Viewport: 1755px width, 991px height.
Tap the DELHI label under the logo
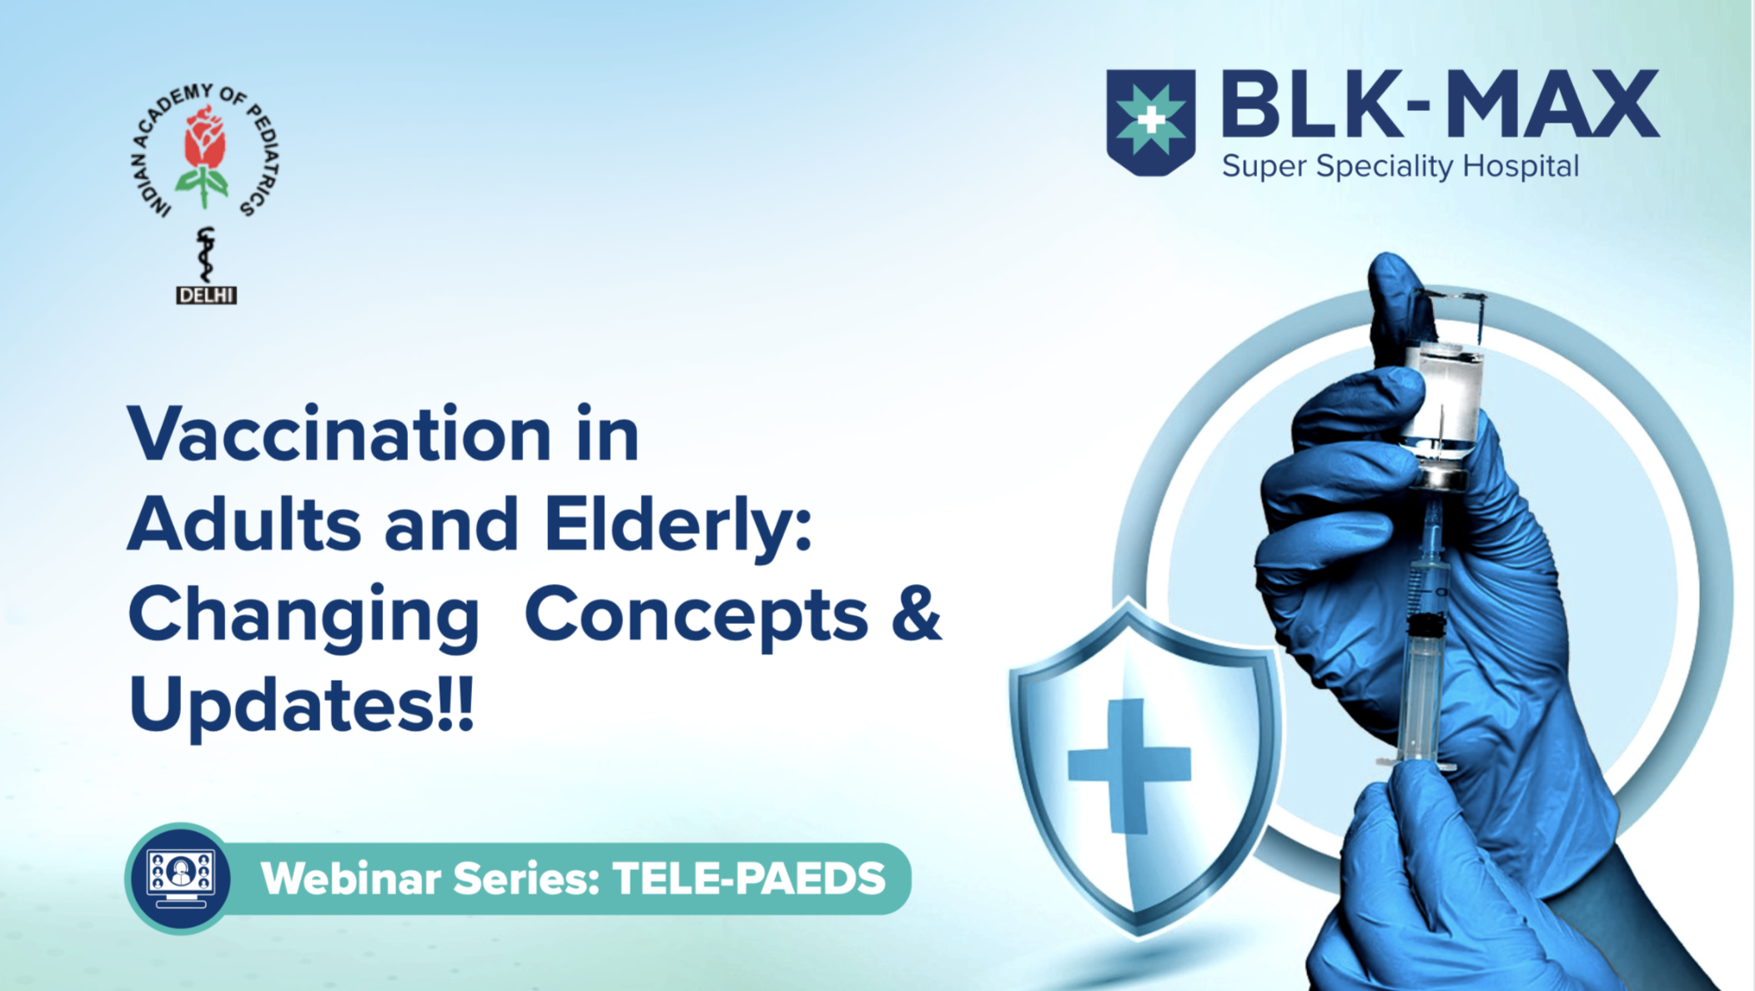tap(206, 295)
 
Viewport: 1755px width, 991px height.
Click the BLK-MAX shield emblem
tap(1150, 122)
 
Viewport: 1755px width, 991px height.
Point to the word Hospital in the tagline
tap(1521, 166)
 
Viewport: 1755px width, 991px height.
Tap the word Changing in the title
tap(304, 617)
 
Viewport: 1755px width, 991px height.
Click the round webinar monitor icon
tap(179, 878)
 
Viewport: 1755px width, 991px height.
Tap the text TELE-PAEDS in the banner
tap(748, 878)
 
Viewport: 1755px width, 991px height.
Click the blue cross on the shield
tap(1129, 766)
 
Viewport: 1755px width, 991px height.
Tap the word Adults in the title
tap(244, 525)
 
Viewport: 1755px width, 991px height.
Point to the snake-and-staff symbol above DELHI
tap(205, 254)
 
